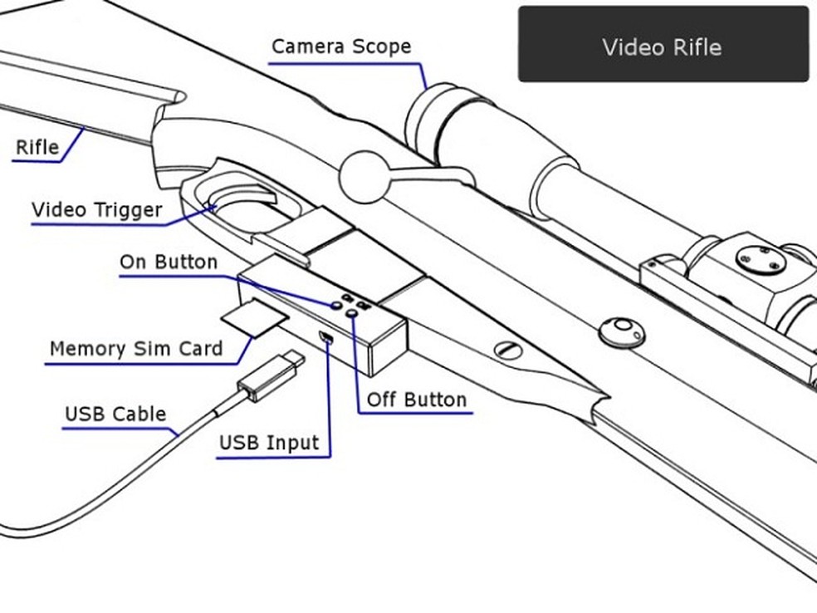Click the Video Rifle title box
tap(663, 45)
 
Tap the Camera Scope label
tap(341, 46)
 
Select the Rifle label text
tap(37, 148)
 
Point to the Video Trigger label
tap(96, 210)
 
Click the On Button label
tap(169, 262)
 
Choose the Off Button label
tap(417, 400)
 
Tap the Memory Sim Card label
tap(136, 348)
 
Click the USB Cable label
tap(115, 414)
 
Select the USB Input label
tap(268, 444)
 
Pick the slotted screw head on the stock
tap(508, 350)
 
